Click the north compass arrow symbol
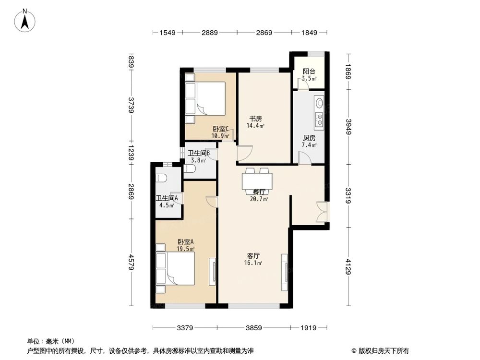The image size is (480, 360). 27,21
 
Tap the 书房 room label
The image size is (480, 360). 255,119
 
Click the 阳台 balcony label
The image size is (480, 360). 309,72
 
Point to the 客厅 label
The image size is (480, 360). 254,256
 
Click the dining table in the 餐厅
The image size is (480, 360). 257,181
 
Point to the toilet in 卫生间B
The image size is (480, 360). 191,170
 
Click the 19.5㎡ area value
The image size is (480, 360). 185,249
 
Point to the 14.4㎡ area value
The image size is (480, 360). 255,126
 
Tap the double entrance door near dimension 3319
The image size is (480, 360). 323,212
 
